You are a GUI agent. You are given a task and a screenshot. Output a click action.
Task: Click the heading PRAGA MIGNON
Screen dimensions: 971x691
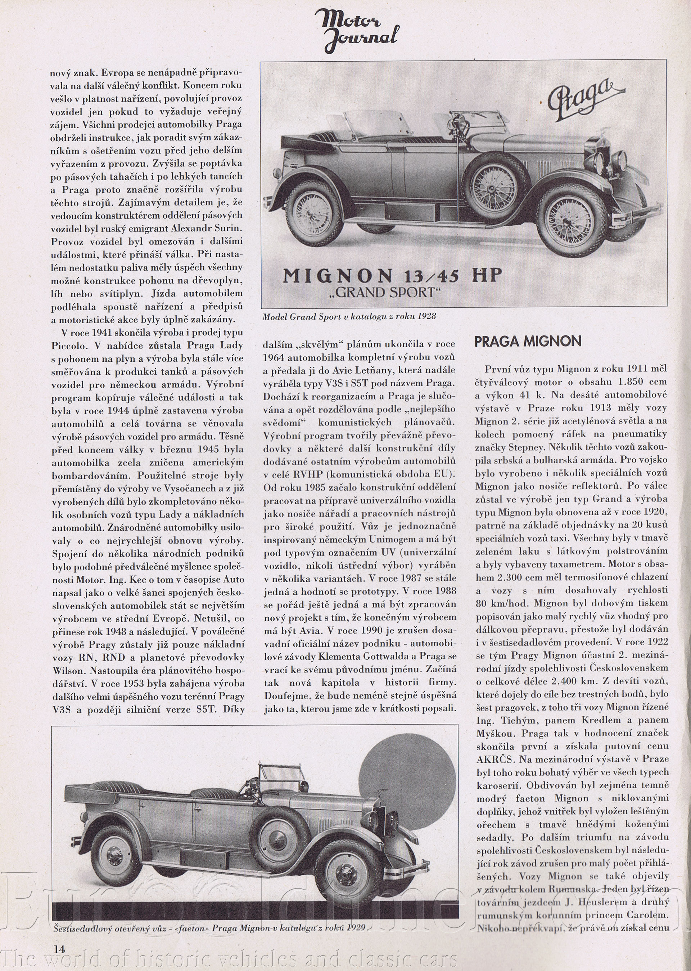click(528, 341)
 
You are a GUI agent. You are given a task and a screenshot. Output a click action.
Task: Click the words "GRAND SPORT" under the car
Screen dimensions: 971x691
click(392, 293)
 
